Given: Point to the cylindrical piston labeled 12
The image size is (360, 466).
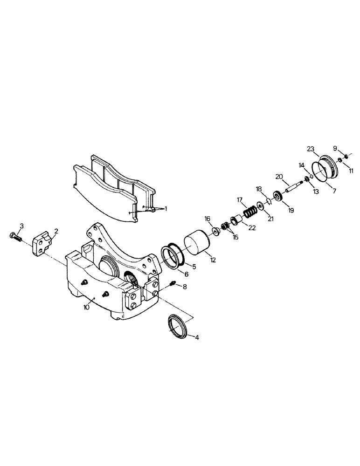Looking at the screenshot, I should pos(199,245).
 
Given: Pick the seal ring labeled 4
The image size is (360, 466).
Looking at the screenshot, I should pos(178,325).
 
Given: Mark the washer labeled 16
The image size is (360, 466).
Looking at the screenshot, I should pos(216,231).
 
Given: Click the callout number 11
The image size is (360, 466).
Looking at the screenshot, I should pos(351,171).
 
